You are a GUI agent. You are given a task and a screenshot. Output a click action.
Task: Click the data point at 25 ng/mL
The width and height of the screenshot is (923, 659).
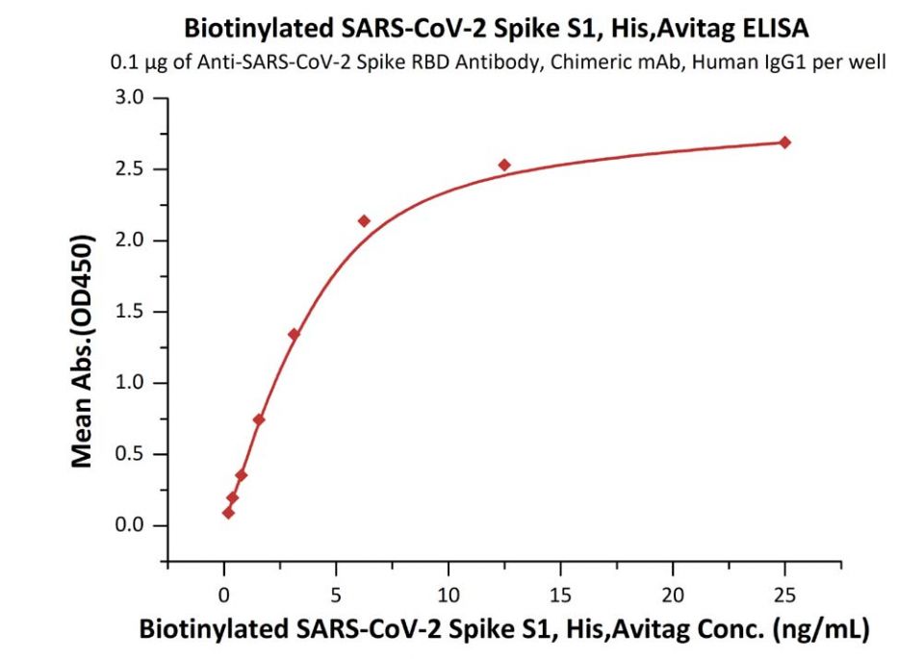point(784,142)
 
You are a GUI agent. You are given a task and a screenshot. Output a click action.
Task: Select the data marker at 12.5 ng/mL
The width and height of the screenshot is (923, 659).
point(504,165)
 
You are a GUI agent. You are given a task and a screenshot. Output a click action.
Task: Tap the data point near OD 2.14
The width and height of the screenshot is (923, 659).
point(364,221)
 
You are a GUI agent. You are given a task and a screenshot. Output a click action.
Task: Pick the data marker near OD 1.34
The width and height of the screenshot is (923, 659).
point(294,335)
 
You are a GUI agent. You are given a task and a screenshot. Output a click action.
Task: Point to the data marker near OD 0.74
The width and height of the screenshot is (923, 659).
point(259,419)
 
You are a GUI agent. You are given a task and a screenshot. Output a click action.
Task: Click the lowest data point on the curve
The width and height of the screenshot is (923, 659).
point(228,513)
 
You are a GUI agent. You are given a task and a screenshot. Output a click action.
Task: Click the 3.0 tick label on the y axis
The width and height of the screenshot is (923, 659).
point(133,98)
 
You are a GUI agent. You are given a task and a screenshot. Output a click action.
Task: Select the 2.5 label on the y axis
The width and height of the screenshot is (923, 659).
point(133,169)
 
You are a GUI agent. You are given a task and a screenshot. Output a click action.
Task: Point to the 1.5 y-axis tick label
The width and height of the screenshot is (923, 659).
point(133,312)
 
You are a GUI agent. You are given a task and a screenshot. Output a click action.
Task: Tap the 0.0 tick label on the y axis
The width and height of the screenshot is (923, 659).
point(133,525)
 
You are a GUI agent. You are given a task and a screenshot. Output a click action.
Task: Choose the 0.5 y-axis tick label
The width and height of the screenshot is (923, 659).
point(133,454)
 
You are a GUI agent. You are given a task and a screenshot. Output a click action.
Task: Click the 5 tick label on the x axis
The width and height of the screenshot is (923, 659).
point(336,594)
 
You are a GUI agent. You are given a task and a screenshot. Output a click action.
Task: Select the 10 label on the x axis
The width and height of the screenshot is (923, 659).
point(448,594)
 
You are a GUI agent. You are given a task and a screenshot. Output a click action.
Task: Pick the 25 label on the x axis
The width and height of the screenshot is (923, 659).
point(784,594)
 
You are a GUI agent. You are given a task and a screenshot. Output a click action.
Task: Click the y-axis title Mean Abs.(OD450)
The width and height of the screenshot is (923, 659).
point(84,351)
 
